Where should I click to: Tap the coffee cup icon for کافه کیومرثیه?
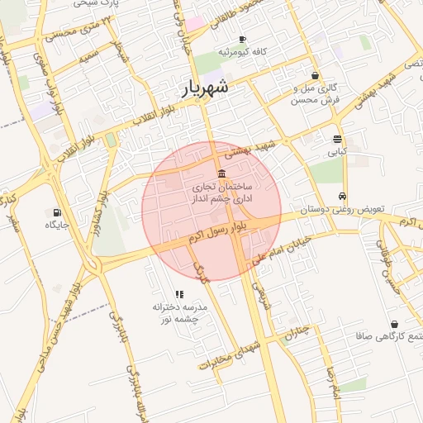(242, 40)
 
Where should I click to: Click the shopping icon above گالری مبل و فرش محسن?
(315, 75)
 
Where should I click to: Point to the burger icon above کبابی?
(337, 140)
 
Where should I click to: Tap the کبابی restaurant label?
(337, 152)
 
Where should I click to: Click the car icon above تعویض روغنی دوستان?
(342, 196)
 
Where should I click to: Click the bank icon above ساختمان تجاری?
(221, 174)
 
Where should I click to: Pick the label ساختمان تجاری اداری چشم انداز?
(221, 193)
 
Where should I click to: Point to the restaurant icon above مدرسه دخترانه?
(178, 293)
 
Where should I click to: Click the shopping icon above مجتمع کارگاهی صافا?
(393, 324)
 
